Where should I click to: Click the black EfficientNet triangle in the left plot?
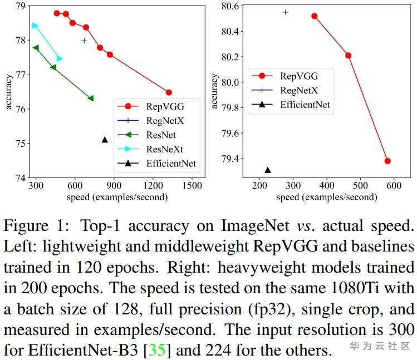pyautogui.click(x=105, y=140)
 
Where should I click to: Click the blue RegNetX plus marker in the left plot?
pyautogui.click(x=84, y=41)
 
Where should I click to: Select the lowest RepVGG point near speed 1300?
pyautogui.click(x=169, y=92)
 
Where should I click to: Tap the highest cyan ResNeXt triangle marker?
pyautogui.click(x=35, y=26)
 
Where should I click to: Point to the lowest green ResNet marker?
pyautogui.click(x=91, y=98)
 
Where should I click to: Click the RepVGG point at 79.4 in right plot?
pyautogui.click(x=387, y=161)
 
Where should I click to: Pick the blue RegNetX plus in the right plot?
pyautogui.click(x=286, y=12)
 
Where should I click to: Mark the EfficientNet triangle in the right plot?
pyautogui.click(x=268, y=170)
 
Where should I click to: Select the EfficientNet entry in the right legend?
pyautogui.click(x=305, y=103)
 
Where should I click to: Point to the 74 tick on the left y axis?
pyautogui.click(x=20, y=178)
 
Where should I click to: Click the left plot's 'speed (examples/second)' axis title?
pyautogui.click(x=117, y=197)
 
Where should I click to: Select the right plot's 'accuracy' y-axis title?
pyautogui.click(x=215, y=92)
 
